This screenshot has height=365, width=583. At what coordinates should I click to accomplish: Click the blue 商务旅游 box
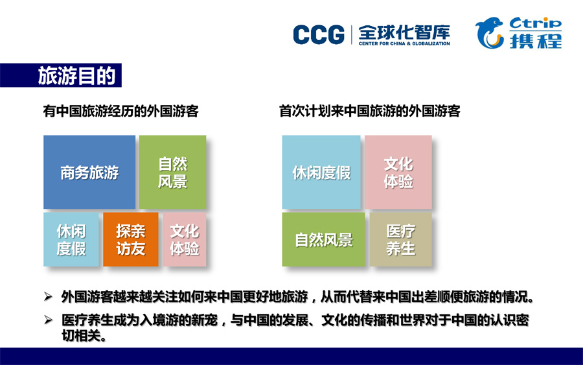coord(89,172)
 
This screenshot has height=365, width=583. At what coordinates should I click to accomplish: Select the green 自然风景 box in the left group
coord(172,172)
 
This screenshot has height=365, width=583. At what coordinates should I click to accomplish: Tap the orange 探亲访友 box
coord(130,239)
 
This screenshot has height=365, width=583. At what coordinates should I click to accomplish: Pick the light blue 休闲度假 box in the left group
coord(71,239)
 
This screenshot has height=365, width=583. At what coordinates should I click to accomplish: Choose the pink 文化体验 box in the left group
coord(185,239)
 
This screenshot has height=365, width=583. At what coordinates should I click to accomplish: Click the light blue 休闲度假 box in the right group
coord(321,172)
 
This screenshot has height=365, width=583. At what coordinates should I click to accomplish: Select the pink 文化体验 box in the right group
coord(398,172)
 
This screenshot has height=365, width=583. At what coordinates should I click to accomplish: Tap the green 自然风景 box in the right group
coord(323,239)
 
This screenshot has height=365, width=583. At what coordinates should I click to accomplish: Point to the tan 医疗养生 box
coord(401,239)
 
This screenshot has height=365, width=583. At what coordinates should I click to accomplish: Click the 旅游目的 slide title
coord(76,76)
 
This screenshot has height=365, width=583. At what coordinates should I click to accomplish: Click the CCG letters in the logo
coord(319,35)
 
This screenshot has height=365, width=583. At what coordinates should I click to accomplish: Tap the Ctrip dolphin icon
coord(489,33)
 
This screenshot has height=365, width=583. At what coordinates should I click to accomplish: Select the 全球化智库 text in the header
coord(404,32)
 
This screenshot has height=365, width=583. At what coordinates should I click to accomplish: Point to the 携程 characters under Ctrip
coord(536,40)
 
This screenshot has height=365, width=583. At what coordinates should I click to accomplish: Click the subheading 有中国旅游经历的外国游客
coord(121,112)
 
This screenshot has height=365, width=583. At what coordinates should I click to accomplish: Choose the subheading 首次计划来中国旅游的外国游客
coord(370,112)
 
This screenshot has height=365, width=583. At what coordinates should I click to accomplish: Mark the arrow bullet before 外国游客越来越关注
coord(48,296)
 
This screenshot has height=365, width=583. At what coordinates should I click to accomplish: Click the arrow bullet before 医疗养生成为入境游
coord(48,320)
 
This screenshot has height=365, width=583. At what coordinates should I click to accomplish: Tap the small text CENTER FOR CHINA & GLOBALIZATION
coord(404,43)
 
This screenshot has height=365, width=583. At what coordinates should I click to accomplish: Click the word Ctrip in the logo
coord(536,23)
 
